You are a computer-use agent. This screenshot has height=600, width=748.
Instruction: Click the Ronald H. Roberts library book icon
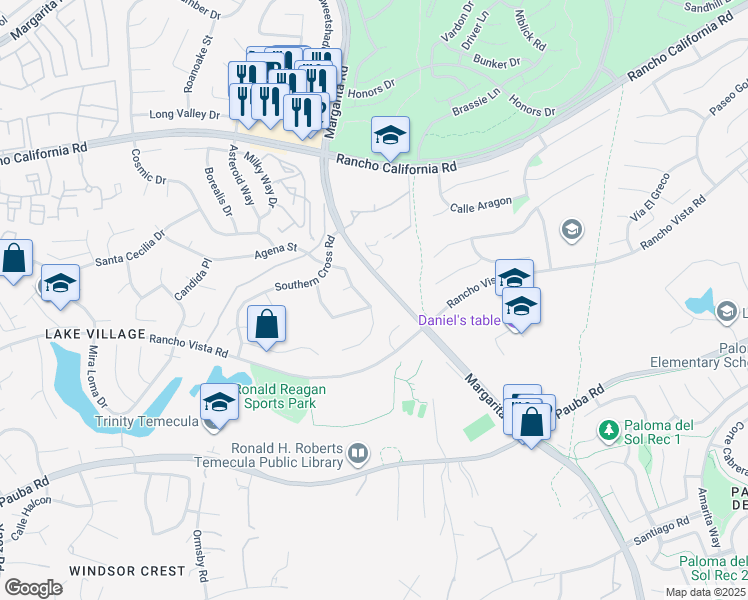(357, 456)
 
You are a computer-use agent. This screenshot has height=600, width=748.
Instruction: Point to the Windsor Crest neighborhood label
(127, 571)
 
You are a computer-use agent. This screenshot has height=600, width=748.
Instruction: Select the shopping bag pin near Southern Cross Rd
(266, 325)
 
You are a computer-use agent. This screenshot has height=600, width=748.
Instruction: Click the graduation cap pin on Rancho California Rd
(390, 135)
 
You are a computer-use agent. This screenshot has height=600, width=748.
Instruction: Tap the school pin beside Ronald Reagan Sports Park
(219, 404)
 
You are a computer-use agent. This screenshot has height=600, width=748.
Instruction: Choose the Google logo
(33, 587)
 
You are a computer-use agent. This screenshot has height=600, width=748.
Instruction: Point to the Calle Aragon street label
(480, 207)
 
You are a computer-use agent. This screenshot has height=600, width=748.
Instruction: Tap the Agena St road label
(279, 248)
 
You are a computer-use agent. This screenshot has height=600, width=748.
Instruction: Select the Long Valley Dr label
(183, 115)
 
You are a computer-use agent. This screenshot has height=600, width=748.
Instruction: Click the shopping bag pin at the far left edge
(14, 259)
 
